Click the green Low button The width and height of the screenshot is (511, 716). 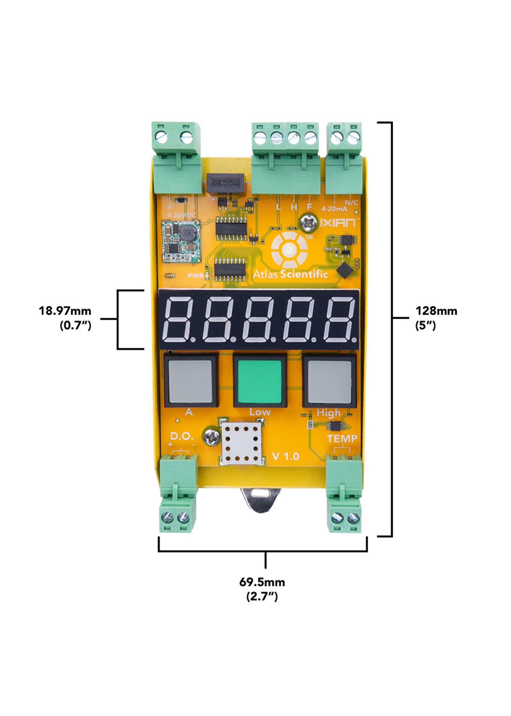coord(260,381)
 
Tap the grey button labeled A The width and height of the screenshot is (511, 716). coord(190,381)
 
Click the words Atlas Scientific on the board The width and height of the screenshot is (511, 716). coord(290,274)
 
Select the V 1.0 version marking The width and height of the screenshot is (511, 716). coord(286,456)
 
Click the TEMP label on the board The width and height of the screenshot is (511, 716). coord(342,439)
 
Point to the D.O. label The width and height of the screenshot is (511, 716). coord(182,436)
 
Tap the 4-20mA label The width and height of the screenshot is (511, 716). coord(334,208)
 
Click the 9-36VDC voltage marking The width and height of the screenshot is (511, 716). coord(182,215)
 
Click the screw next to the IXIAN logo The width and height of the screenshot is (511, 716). coord(308,222)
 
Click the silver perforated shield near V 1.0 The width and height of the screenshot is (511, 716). coord(241,443)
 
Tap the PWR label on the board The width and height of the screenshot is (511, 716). coord(195,276)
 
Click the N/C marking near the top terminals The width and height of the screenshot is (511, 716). coord(351,202)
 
